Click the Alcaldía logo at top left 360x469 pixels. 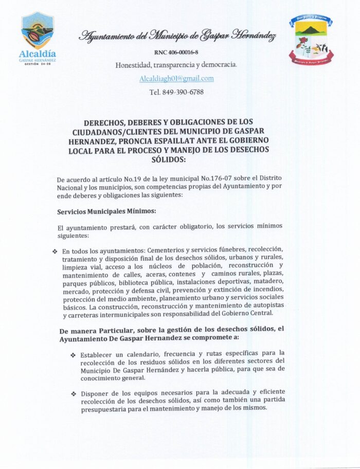point(37,39)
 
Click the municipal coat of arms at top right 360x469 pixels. point(311,40)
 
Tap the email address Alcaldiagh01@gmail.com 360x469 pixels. point(176,79)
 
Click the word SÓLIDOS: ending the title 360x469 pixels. point(176,160)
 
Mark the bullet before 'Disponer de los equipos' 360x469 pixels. point(73,393)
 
